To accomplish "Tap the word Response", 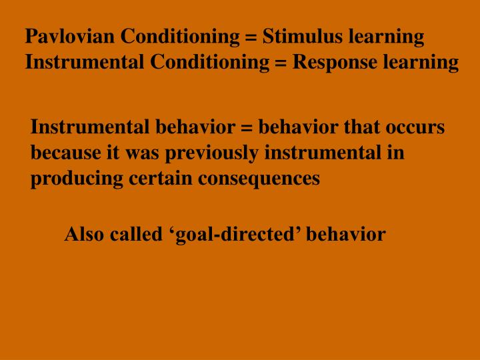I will (x=337, y=63).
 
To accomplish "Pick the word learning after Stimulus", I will (x=387, y=37).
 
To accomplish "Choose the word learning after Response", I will (x=421, y=63).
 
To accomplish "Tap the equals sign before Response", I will (x=284, y=63).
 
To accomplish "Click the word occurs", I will (x=417, y=127).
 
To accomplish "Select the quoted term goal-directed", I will (x=231, y=235).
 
